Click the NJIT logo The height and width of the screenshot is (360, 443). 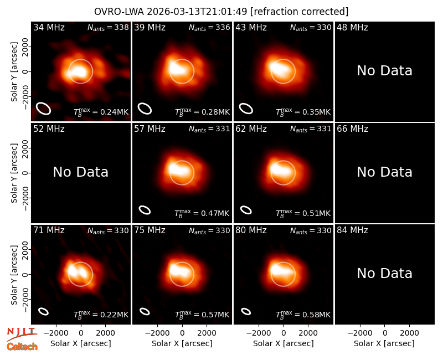(22, 334)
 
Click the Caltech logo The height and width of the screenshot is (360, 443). (22, 347)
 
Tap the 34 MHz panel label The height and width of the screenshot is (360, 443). (49, 27)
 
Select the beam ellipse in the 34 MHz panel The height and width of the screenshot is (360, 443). (44, 109)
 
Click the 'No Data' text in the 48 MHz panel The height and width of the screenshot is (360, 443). (384, 71)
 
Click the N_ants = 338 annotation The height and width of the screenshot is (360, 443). (108, 27)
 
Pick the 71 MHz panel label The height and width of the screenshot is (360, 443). (49, 230)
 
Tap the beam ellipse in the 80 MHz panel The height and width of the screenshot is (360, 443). (246, 311)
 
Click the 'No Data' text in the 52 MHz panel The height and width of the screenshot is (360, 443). (80, 172)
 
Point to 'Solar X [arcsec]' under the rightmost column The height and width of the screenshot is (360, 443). (384, 343)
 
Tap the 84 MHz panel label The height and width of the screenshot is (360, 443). (352, 230)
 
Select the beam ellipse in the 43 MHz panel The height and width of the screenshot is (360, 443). (246, 109)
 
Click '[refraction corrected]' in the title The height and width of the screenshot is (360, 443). (300, 12)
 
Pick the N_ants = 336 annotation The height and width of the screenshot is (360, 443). (209, 27)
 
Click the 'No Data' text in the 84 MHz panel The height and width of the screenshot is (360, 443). (384, 274)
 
